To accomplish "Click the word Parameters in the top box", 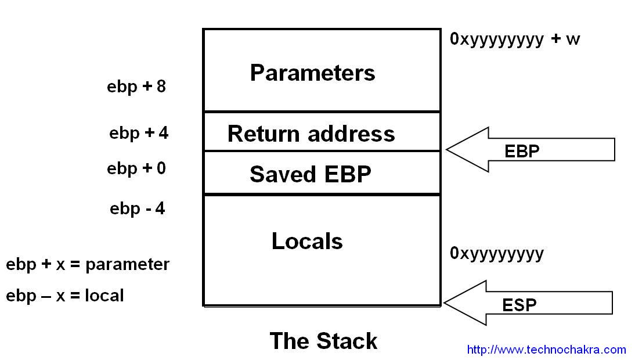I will coord(312,73).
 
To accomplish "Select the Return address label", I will coord(311,134).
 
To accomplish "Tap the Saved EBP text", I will coord(311,174).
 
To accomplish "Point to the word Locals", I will coord(307,241).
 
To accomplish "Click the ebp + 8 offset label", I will coord(136,87).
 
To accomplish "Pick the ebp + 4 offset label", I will coord(139,133).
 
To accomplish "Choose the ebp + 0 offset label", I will coord(136,169).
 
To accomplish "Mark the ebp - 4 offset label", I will coord(138,208).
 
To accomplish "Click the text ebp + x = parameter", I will coord(88,265).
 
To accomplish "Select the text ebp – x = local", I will coord(65,296).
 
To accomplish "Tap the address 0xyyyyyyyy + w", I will coord(515,39).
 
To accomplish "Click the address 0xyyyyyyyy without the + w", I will coord(497,254).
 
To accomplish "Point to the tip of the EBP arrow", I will coord(448,149).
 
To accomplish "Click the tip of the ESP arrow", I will coord(445,303).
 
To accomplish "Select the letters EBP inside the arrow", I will coord(522,152).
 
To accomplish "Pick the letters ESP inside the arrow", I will coord(519,305).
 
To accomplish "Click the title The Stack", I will coord(323,341).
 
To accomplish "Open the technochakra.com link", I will coord(546,350).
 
